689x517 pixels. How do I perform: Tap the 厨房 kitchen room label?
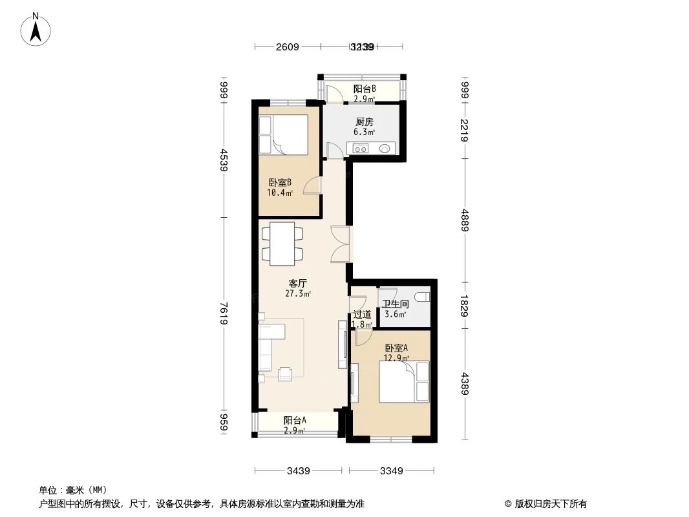click(x=363, y=121)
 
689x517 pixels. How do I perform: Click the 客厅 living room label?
click(x=298, y=283)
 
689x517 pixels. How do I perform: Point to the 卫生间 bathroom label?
click(x=395, y=304)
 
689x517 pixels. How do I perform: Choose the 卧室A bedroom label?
click(x=396, y=348)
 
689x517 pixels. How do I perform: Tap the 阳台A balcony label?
click(x=295, y=420)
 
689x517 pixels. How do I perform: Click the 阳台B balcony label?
click(x=365, y=89)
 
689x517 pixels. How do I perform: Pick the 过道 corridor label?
click(x=362, y=315)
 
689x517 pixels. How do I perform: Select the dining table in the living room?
click(x=281, y=243)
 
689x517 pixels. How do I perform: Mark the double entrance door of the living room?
click(x=341, y=244)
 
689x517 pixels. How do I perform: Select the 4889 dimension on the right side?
click(x=464, y=220)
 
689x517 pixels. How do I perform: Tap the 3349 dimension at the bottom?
click(x=392, y=470)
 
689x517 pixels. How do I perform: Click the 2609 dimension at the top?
click(x=287, y=47)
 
